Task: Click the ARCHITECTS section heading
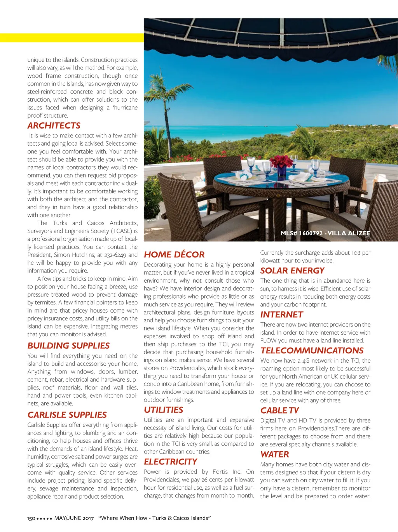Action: tap(54, 125)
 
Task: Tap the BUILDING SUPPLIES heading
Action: tap(68, 346)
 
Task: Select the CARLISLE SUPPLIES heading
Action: tap(67, 415)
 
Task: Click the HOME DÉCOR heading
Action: tap(174, 255)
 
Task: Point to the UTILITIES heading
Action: tap(163, 410)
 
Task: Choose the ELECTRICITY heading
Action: tap(170, 462)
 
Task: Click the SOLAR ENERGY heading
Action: tap(292, 271)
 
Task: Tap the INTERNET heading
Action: tap(281, 315)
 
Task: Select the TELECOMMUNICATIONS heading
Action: tap(312, 351)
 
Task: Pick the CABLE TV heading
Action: tap(279, 410)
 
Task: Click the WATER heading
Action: tap(274, 454)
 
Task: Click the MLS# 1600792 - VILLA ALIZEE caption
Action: tap(325, 233)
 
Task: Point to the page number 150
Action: tap(31, 518)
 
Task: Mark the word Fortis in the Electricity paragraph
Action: tap(220, 472)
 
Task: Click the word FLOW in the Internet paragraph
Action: tap(268, 341)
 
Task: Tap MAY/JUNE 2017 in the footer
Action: tap(74, 518)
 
